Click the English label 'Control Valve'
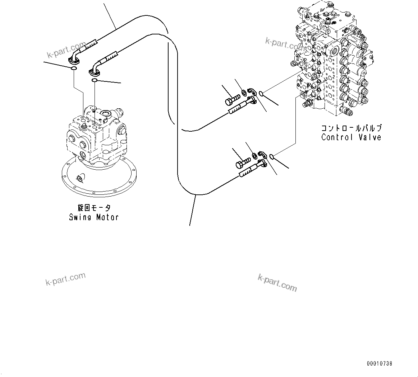[351, 137]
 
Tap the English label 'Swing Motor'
[94, 217]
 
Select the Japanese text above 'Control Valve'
[351, 128]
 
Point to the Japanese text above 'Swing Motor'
[94, 208]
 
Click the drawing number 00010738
[380, 363]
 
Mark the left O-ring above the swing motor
[73, 69]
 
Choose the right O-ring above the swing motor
[95, 81]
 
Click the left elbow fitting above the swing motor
[74, 57]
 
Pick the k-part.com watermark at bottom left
[65, 279]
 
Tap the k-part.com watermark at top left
[66, 50]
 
